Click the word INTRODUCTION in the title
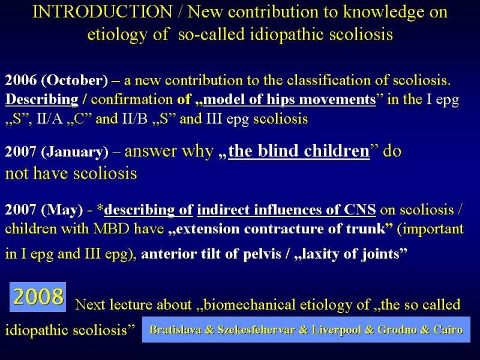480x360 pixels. [x=102, y=11]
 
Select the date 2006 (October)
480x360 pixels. [x=56, y=80]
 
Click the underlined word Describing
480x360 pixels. [x=41, y=100]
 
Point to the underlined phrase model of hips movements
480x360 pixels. [x=289, y=100]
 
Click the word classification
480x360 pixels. [x=329, y=80]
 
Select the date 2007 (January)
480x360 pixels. [x=56, y=152]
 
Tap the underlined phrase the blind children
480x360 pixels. [x=299, y=151]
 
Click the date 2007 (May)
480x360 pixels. [x=44, y=209]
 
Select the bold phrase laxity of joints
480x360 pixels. [x=350, y=254]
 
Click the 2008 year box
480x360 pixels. [x=38, y=296]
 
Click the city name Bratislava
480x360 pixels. [x=175, y=329]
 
